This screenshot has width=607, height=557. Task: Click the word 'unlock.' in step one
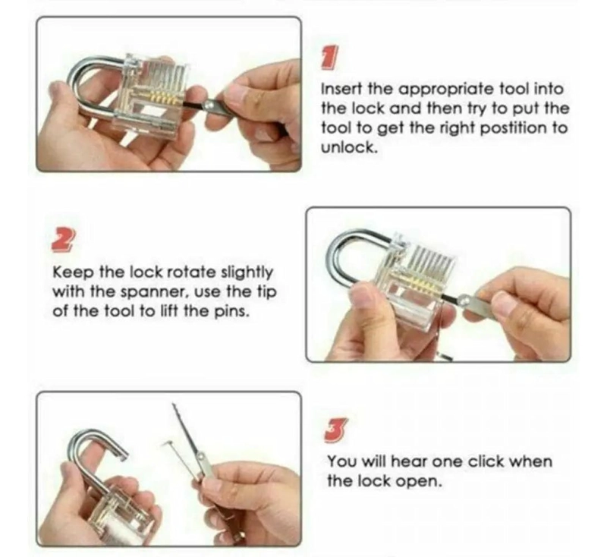point(349,147)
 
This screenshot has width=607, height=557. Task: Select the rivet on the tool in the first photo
point(209,105)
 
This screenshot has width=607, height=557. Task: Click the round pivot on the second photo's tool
point(464,299)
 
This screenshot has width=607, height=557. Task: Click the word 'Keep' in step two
point(73,272)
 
